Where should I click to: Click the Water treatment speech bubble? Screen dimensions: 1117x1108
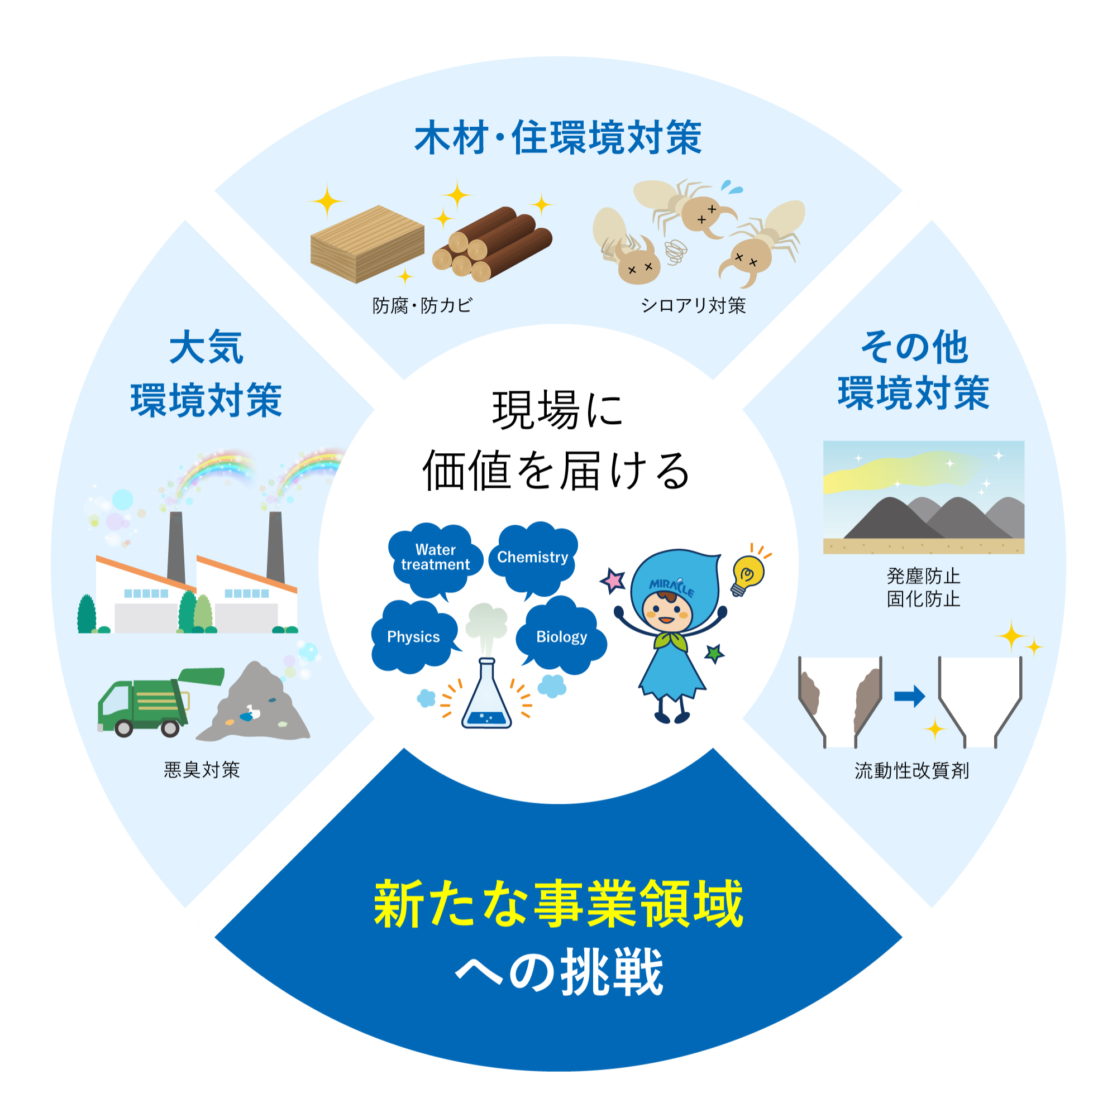436,559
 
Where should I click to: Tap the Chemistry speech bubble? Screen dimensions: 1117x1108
533,558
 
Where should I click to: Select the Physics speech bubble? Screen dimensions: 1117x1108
414,636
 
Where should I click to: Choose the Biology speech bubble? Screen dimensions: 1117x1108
561,636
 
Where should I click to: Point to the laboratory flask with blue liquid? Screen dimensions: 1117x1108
486,693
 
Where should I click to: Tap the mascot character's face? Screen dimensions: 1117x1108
667,611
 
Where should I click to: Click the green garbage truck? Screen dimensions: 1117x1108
160,702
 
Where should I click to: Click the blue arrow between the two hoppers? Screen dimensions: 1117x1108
909,696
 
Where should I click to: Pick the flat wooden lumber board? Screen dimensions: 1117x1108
367,244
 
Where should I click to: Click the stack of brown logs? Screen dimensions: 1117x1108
492,244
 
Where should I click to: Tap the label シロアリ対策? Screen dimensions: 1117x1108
693,305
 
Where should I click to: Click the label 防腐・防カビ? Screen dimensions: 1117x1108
423,305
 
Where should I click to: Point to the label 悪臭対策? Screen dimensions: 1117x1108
202,770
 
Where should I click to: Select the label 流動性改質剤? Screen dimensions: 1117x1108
912,771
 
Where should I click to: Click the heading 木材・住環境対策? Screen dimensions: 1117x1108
558,138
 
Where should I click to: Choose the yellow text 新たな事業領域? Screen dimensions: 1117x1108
558,904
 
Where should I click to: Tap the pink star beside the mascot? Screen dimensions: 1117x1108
613,580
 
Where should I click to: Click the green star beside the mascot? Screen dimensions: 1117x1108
715,654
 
